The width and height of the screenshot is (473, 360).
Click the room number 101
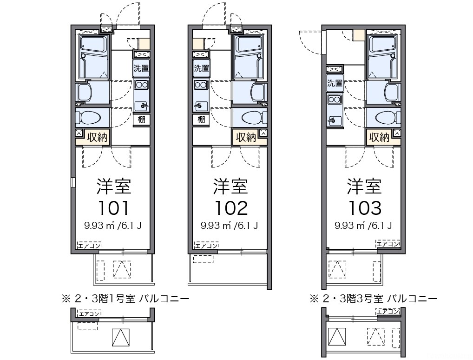[113, 208]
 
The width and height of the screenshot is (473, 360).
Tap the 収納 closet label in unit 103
[379, 137]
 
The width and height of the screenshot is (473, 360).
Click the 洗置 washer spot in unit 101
[141, 68]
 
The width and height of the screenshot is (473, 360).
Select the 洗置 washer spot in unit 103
[335, 84]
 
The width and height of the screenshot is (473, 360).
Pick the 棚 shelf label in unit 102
[201, 120]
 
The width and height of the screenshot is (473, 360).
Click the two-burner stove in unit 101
[141, 85]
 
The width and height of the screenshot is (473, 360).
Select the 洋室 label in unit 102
[230, 186]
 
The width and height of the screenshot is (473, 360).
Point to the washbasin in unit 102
[258, 91]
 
